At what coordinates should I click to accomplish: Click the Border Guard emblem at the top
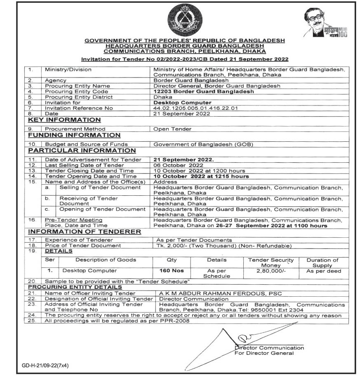tap(181, 20)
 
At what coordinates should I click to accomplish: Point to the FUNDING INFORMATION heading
tap(74, 135)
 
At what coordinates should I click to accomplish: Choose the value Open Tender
tap(172, 129)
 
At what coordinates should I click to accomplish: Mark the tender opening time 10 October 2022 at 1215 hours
tap(201, 176)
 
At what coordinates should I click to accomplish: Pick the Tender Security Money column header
tap(271, 263)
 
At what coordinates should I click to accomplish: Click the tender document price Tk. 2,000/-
tap(223, 246)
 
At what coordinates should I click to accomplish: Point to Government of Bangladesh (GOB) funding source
tap(202, 144)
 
